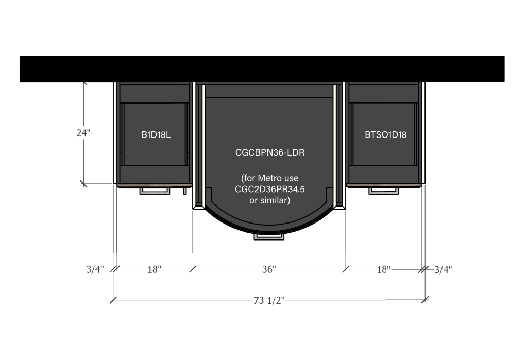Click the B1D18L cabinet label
pyautogui.click(x=156, y=135)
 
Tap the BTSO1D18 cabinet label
pyautogui.click(x=385, y=135)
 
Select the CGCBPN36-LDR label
pyautogui.click(x=270, y=152)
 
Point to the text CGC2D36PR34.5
pyautogui.click(x=269, y=189)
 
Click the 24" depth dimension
pyautogui.click(x=83, y=133)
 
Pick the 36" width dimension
pyautogui.click(x=269, y=269)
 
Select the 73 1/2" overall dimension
pyautogui.click(x=269, y=300)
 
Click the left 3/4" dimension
pyautogui.click(x=95, y=269)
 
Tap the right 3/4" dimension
pyautogui.click(x=443, y=269)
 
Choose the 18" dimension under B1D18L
pyautogui.click(x=154, y=269)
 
